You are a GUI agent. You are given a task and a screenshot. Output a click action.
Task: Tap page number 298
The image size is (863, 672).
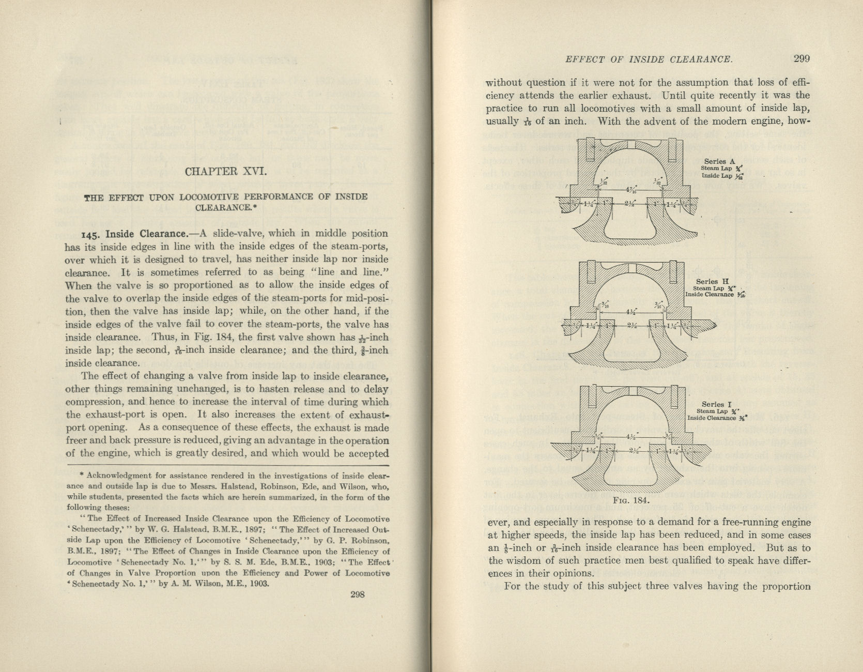358,594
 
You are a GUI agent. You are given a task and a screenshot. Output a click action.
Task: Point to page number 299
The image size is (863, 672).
802,58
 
